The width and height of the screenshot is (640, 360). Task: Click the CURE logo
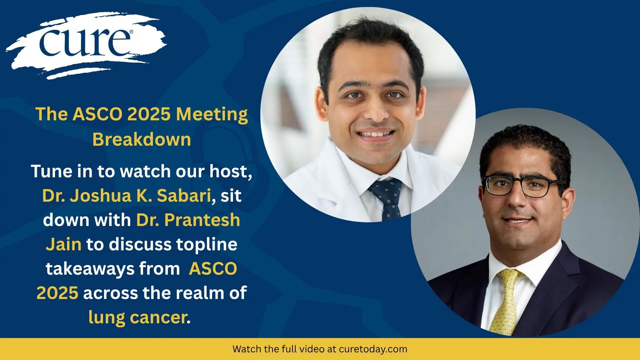[86, 45]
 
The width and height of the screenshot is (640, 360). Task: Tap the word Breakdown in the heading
[142, 139]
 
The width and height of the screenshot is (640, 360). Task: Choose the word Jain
[63, 244]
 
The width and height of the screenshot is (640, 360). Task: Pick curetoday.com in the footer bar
[373, 349]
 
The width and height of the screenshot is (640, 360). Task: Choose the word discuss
[140, 244]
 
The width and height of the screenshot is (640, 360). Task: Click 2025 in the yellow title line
[149, 115]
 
